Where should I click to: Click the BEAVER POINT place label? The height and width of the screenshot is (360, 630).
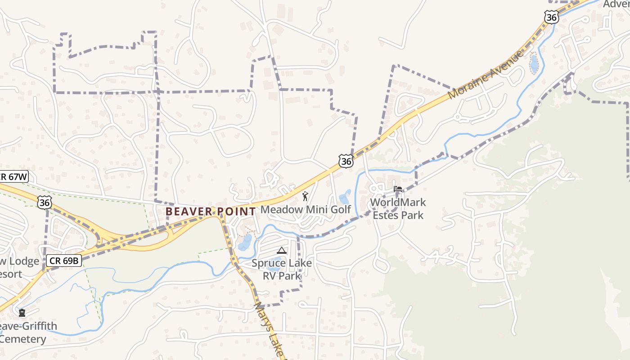[x=210, y=211]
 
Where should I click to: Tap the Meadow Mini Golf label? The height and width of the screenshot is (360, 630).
[x=306, y=209]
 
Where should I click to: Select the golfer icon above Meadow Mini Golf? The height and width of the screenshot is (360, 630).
[x=306, y=196]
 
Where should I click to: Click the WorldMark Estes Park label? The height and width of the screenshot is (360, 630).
[x=398, y=209]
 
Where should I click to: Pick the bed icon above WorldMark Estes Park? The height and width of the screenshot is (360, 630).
[x=398, y=189]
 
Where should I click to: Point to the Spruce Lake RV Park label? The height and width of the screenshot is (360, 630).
[x=282, y=269]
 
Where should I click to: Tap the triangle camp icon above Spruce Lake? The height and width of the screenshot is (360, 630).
[x=282, y=251]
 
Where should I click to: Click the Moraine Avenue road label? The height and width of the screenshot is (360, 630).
[x=486, y=74]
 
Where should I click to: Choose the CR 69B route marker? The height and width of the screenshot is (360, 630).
[x=64, y=260]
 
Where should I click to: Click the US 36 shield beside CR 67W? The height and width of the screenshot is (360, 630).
[x=45, y=202]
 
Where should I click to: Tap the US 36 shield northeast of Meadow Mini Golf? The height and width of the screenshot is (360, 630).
[x=346, y=160]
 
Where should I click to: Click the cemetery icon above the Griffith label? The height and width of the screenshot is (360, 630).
[x=22, y=312]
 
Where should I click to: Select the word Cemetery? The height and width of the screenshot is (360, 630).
[x=23, y=339]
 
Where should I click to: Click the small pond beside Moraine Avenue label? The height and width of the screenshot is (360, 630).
[x=534, y=63]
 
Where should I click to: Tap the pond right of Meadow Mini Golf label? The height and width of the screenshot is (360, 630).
[x=345, y=197]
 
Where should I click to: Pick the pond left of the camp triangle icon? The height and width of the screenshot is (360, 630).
[x=245, y=243]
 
